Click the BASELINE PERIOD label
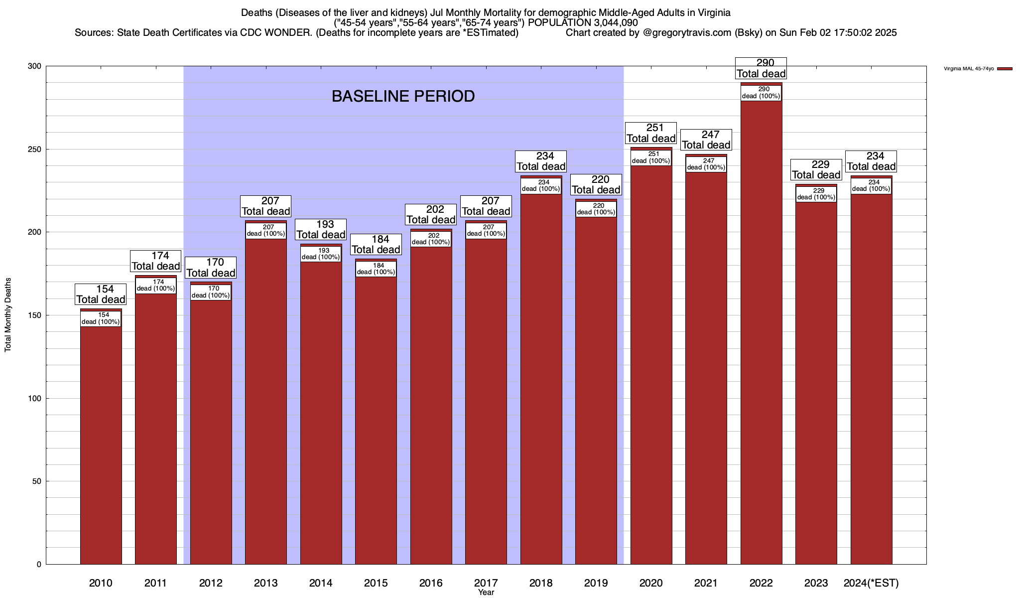point(403,96)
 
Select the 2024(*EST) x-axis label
point(871,583)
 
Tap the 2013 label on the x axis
point(265,583)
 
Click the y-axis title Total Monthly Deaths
point(8,315)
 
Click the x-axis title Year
point(486,593)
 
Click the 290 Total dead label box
point(761,68)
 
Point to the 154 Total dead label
point(101,294)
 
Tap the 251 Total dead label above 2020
point(651,133)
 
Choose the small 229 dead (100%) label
point(816,194)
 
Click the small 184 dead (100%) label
point(376,269)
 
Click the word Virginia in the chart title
point(712,12)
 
